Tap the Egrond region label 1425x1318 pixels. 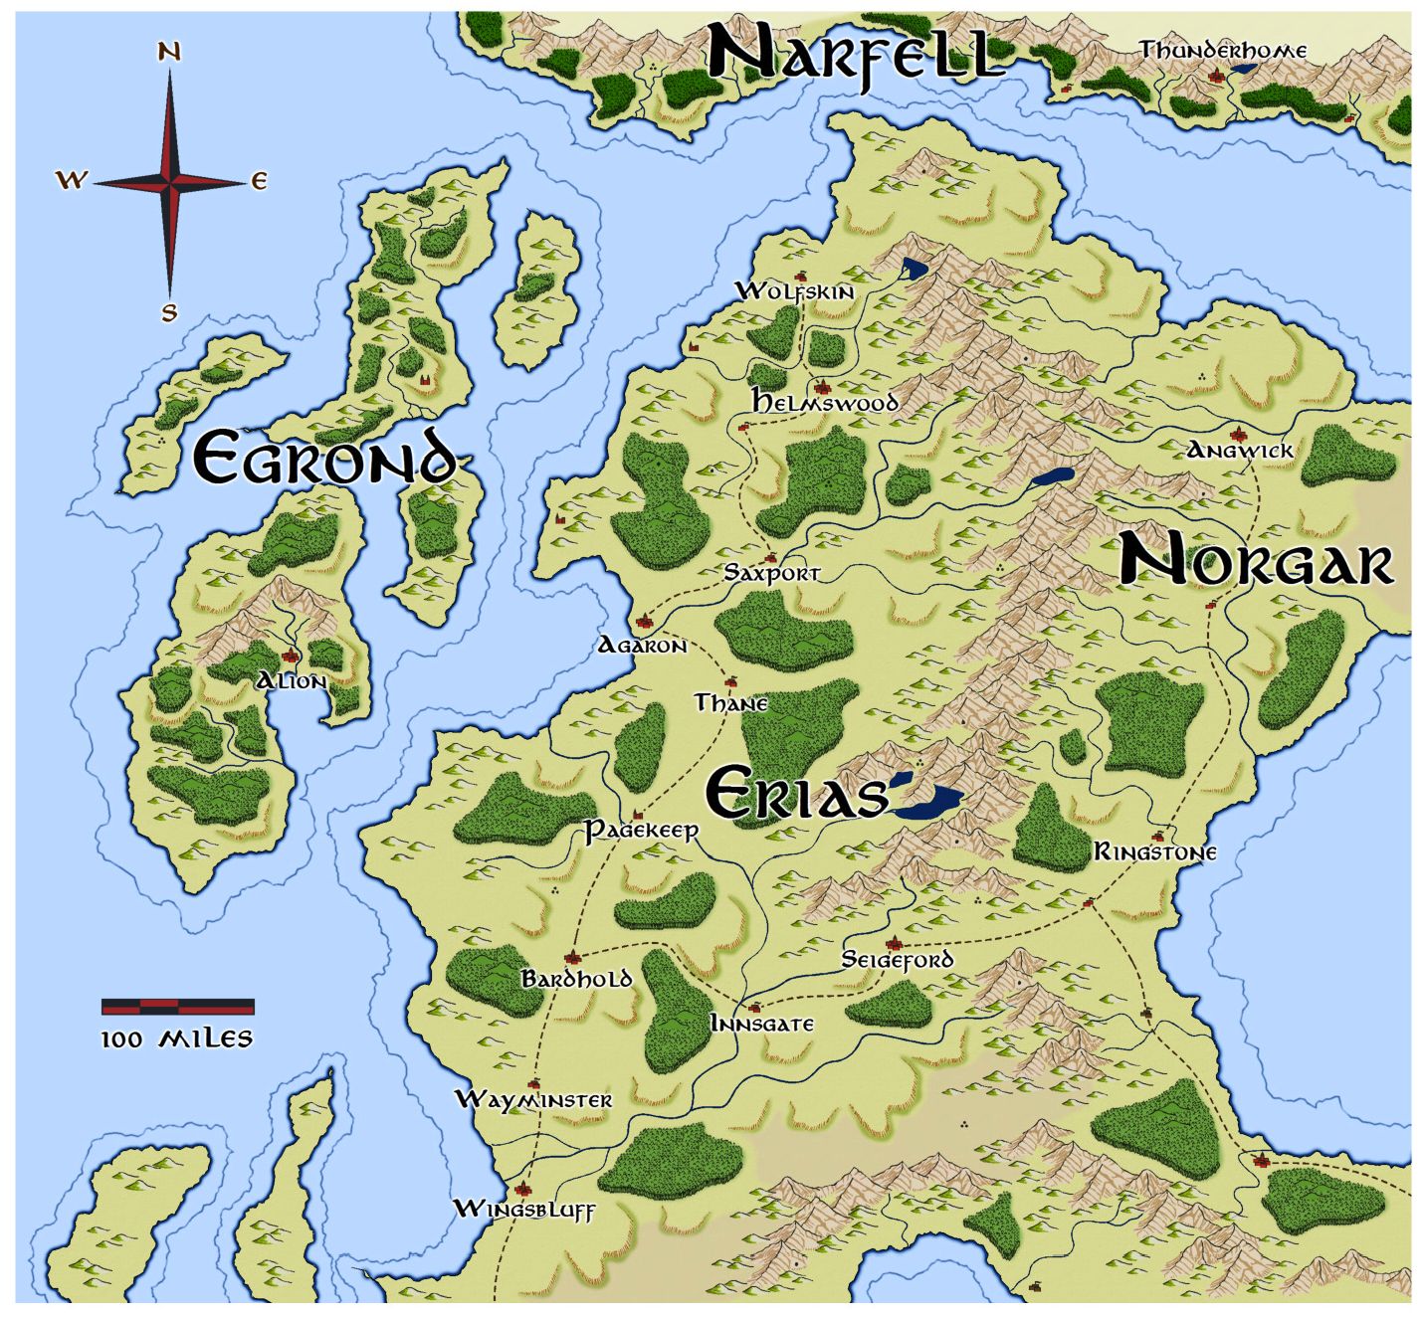pos(325,458)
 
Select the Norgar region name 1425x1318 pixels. pos(1256,562)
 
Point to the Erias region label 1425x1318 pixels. pos(796,794)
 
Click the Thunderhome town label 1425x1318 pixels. pos(1223,50)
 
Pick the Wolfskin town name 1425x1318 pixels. pos(794,290)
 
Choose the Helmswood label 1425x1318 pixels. pos(825,402)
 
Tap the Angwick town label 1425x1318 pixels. pos(1239,451)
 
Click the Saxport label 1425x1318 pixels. pos(772,573)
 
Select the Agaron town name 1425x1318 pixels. pos(642,646)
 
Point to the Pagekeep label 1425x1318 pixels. pos(641,830)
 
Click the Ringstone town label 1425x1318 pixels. pos(1155,852)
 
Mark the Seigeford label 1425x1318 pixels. pos(897,960)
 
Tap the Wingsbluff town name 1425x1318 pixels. pos(523,1210)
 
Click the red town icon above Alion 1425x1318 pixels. pos(291,657)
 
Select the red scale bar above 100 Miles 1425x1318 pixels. pos(178,1006)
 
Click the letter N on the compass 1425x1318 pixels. pos(169,52)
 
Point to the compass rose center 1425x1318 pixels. pos(170,182)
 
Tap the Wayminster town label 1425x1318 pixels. pos(533,1100)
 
